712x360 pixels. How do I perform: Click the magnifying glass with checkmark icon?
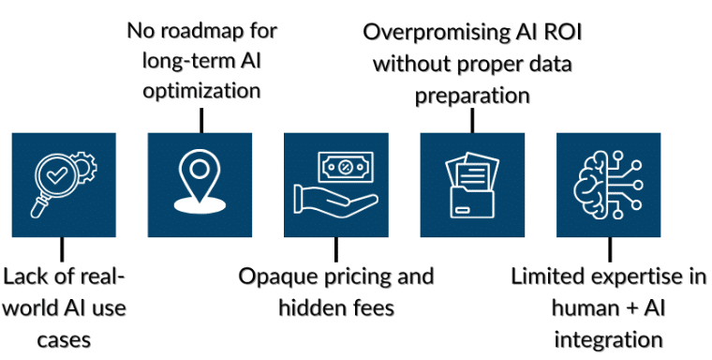pyautogui.click(x=54, y=182)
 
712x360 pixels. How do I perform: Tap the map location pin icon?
pyautogui.click(x=200, y=182)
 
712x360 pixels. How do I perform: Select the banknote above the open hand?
pyautogui.click(x=346, y=167)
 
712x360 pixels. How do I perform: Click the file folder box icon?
pyautogui.click(x=472, y=185)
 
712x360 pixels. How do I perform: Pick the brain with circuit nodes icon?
pyautogui.click(x=608, y=185)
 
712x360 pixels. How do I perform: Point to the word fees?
pyautogui.click(x=375, y=307)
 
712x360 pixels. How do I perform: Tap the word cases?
pyautogui.click(x=64, y=340)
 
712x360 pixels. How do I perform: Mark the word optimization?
pyautogui.click(x=201, y=91)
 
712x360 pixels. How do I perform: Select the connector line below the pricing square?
pyautogui.click(x=336, y=249)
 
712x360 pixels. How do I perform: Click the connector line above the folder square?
pyautogui.click(x=472, y=120)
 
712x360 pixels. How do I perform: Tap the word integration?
pyautogui.click(x=608, y=340)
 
